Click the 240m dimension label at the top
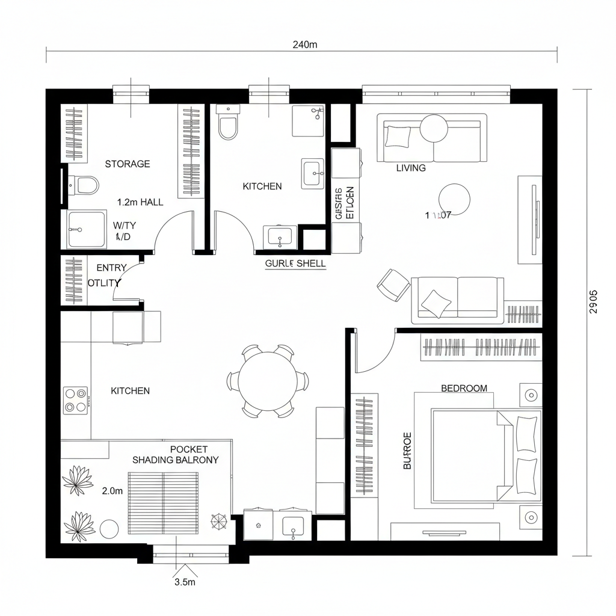[304, 45]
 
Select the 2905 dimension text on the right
[593, 302]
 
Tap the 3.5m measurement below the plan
[185, 582]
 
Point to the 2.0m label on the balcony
[112, 491]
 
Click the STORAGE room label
[128, 164]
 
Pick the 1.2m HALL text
[140, 202]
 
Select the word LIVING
[411, 168]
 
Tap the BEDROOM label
[464, 388]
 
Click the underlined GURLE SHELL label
[295, 263]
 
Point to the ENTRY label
[111, 268]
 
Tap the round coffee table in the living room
[454, 199]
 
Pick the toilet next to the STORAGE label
[84, 185]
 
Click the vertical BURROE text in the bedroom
[407, 450]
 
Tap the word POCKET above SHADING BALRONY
[189, 449]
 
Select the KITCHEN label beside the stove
[131, 391]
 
